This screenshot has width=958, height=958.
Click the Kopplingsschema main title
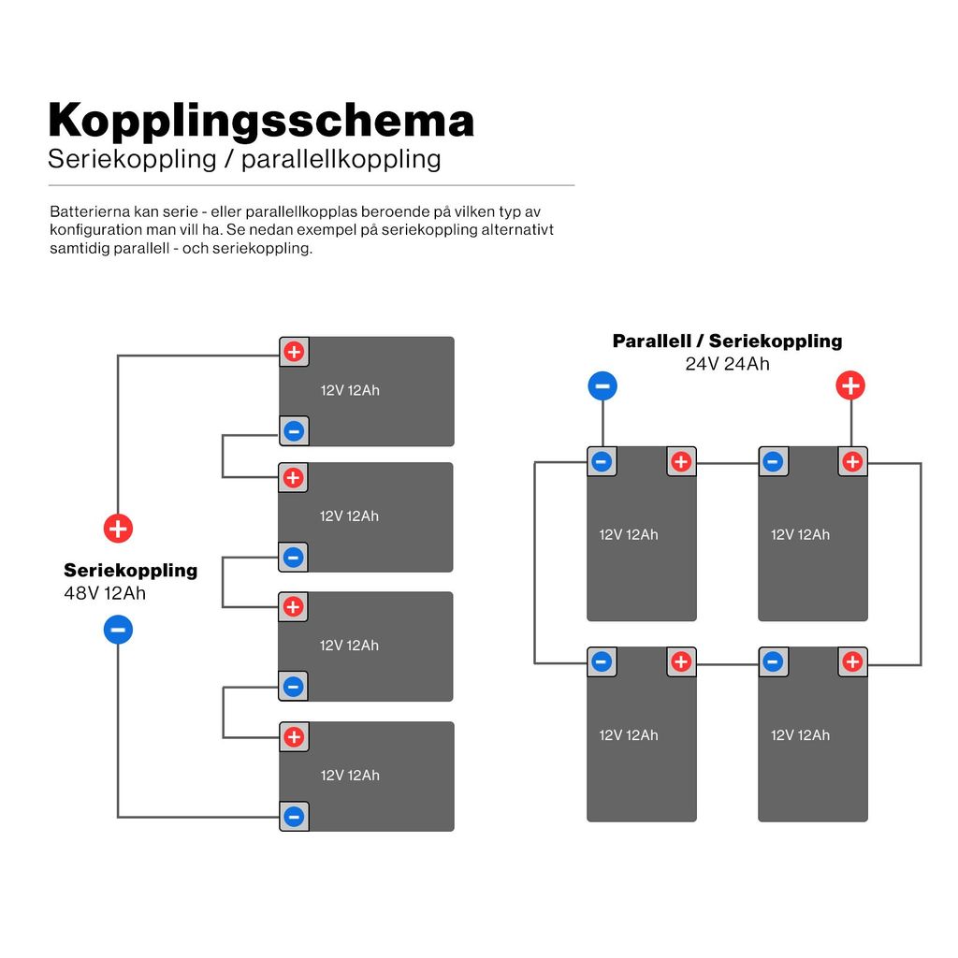[x=261, y=120]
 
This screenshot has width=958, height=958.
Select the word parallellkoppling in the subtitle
[x=341, y=159]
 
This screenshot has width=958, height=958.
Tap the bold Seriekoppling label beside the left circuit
[x=131, y=570]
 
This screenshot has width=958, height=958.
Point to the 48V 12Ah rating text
[x=105, y=593]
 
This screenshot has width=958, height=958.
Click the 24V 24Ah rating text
[x=727, y=364]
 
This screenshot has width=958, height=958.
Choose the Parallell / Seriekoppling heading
[x=727, y=341]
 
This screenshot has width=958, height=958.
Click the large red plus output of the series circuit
[x=118, y=529]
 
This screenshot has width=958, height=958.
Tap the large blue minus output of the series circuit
[x=118, y=630]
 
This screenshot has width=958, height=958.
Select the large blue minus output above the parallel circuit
[x=602, y=386]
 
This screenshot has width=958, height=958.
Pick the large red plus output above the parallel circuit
[x=850, y=385]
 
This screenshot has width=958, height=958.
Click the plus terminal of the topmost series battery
[x=294, y=352]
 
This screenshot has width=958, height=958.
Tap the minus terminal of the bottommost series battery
[x=294, y=816]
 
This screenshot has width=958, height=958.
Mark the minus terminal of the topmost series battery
[x=294, y=430]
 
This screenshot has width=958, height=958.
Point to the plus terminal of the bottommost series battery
[x=294, y=737]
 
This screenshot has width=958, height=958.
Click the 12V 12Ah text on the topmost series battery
[x=350, y=390]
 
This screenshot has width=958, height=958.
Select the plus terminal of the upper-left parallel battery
[x=681, y=461]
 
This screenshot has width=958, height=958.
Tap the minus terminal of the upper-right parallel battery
[x=773, y=461]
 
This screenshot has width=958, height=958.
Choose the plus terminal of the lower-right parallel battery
[x=852, y=661]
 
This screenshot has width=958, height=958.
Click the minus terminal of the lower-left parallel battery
[x=602, y=661]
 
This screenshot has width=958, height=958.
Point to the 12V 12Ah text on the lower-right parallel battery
[x=801, y=735]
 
